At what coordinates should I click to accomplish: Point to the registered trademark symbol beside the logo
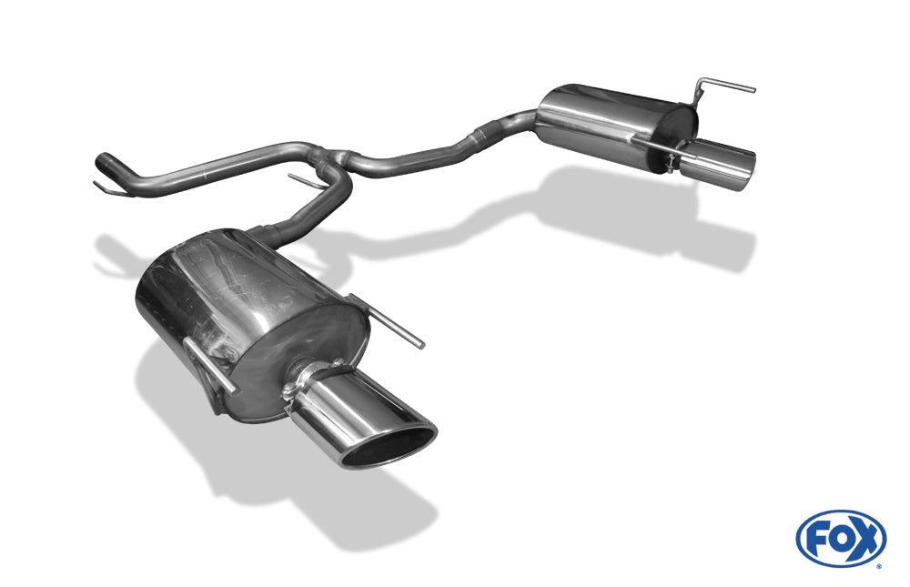coord(879,566)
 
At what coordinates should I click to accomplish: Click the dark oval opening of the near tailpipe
coord(389,447)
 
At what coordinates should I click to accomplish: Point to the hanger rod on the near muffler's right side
coord(387,321)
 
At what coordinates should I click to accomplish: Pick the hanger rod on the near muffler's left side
coord(209,365)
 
